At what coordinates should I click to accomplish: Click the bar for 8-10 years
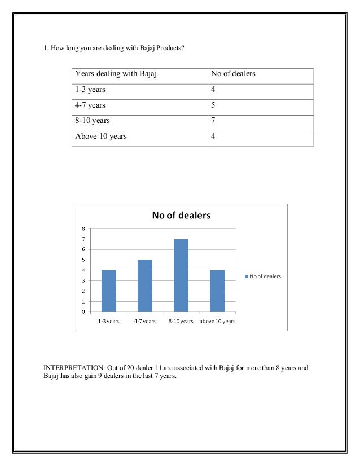pyautogui.click(x=181, y=275)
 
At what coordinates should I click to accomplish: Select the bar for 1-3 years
pyautogui.click(x=109, y=291)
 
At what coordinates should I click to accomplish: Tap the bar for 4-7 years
pyautogui.click(x=145, y=285)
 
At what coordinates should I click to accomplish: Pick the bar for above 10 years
pyautogui.click(x=217, y=291)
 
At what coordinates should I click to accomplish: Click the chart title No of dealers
pyautogui.click(x=181, y=215)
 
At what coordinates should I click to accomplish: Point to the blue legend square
pyautogui.click(x=247, y=276)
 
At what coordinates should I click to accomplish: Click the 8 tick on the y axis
pyautogui.click(x=84, y=228)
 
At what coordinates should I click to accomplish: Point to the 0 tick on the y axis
pyautogui.click(x=84, y=311)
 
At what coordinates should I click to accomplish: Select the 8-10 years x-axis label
pyautogui.click(x=181, y=321)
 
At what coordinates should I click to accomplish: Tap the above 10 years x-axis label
pyautogui.click(x=217, y=321)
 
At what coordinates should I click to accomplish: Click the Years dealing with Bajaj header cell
pyautogui.click(x=110, y=74)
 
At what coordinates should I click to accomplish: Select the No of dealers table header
pyautogui.click(x=233, y=74)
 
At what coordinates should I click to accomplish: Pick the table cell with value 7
pyautogui.click(x=213, y=121)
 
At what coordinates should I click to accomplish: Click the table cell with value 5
pyautogui.click(x=213, y=105)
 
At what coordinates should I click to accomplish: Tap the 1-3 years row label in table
pyautogui.click(x=90, y=90)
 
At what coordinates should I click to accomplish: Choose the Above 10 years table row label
pyautogui.click(x=101, y=137)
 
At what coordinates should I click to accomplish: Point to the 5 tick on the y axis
pyautogui.click(x=84, y=260)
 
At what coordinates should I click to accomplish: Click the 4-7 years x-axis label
pyautogui.click(x=145, y=321)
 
